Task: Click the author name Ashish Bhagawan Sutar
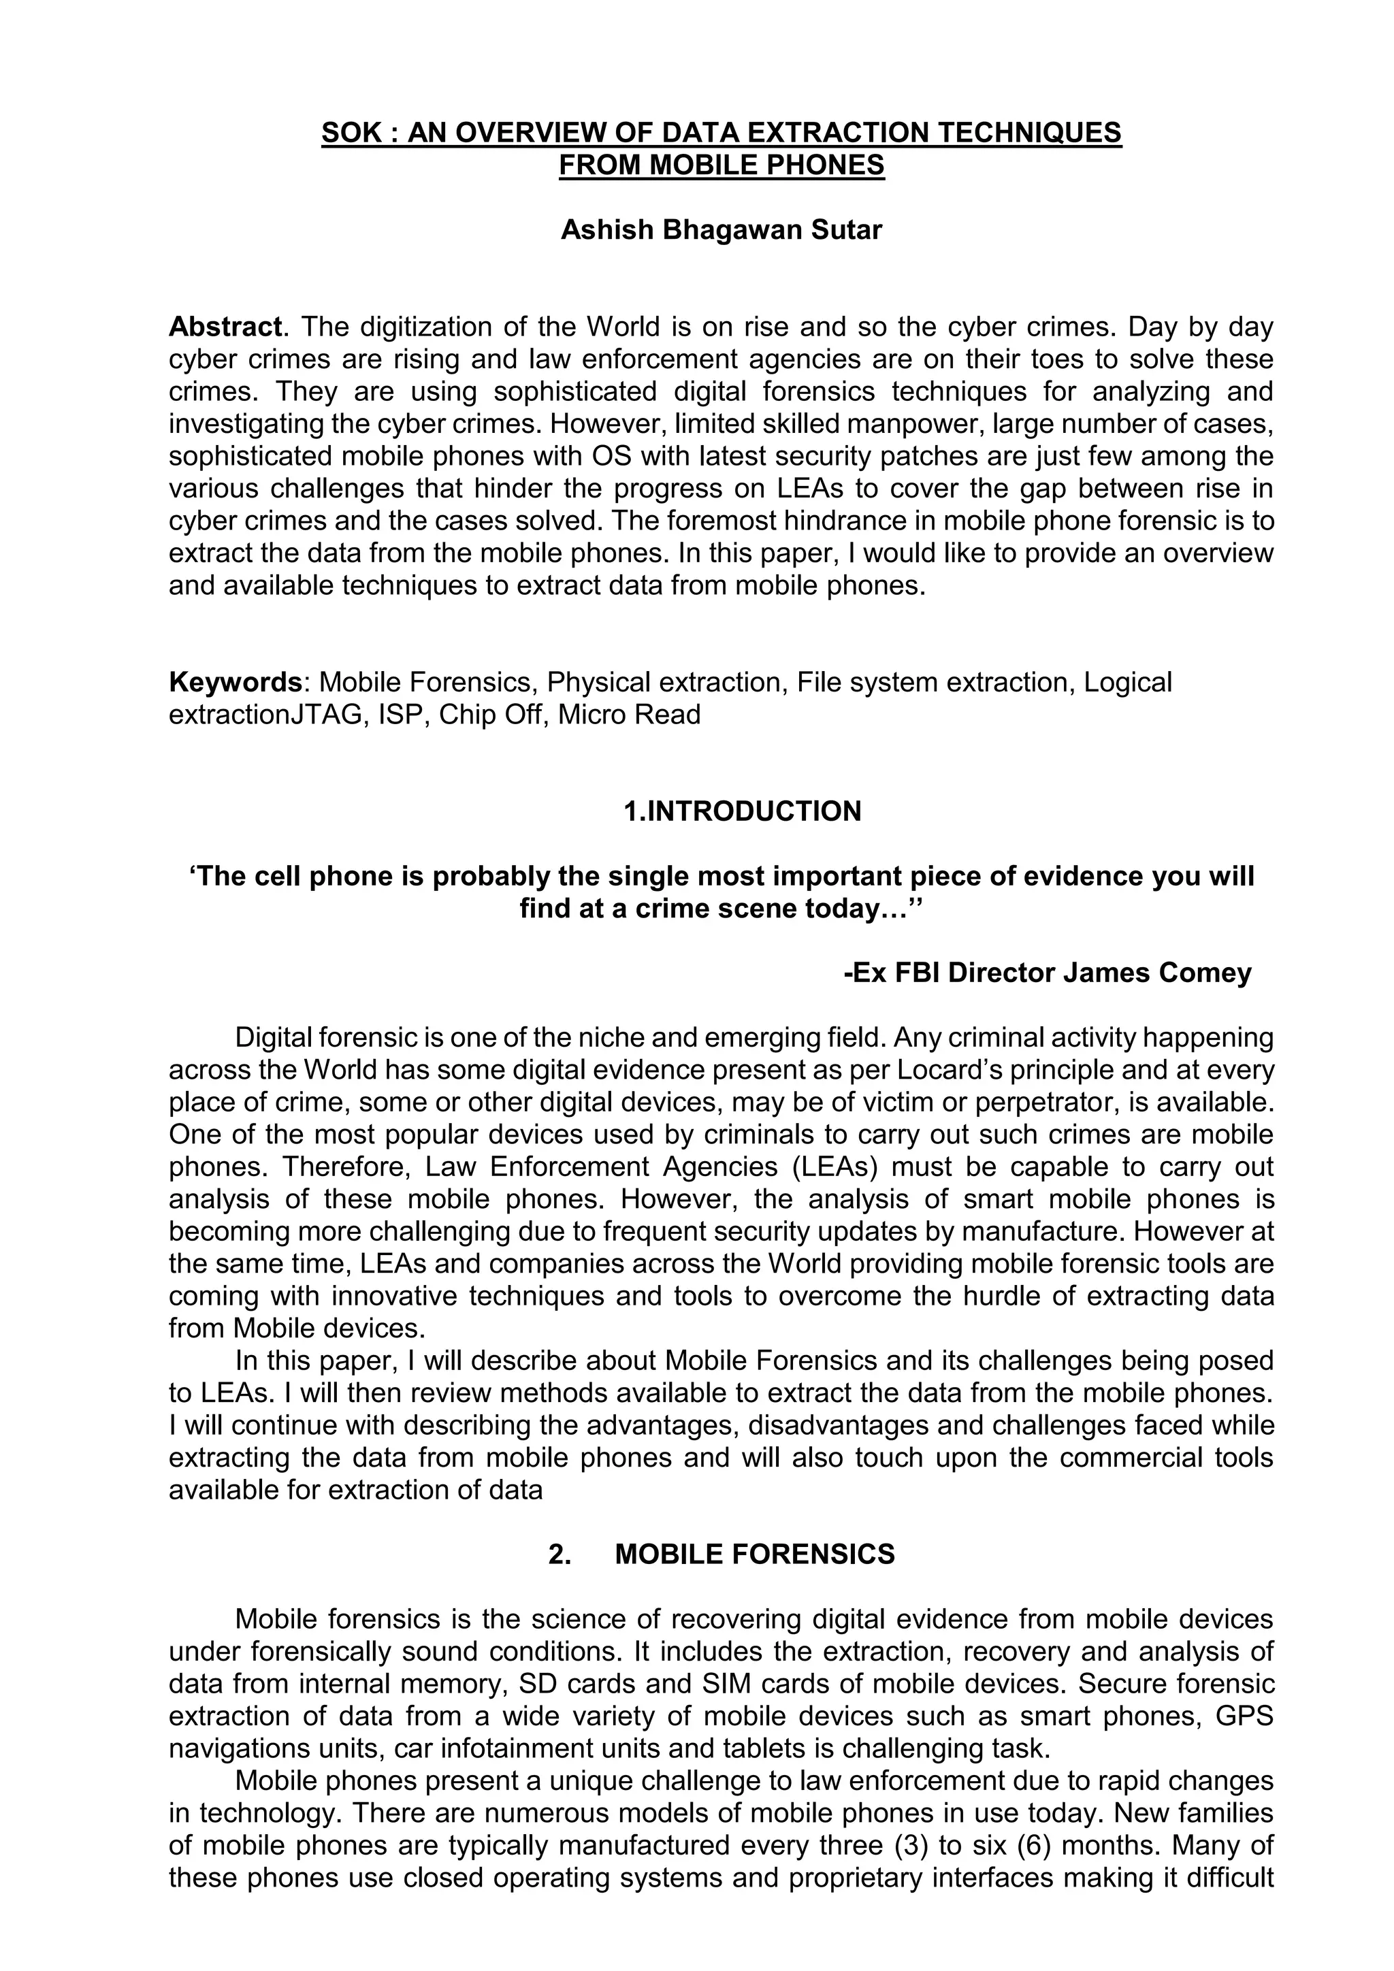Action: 721,230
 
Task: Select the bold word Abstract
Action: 225,327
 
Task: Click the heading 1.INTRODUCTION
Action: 743,811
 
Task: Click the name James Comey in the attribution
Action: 1157,973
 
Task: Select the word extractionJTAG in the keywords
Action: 266,714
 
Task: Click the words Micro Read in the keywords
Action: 629,714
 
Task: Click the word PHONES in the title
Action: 825,165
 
